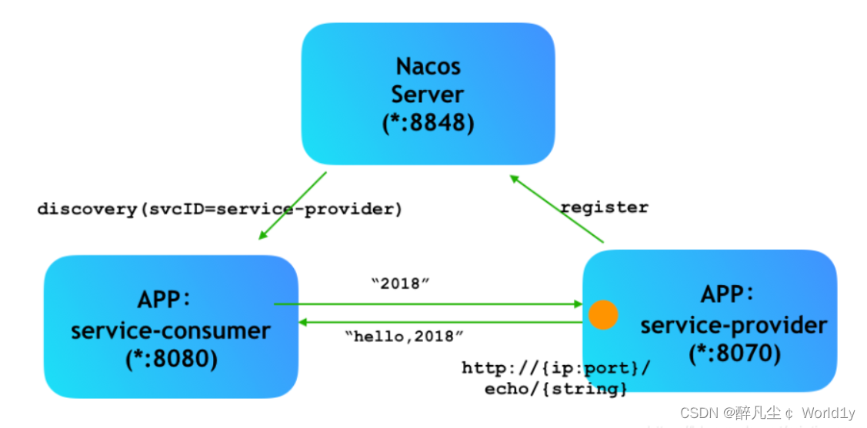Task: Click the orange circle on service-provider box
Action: (603, 315)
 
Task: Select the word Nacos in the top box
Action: (428, 66)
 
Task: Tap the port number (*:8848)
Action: (428, 123)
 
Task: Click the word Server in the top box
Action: (428, 95)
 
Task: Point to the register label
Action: (604, 207)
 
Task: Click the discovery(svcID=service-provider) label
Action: (220, 209)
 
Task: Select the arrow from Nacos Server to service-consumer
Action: (293, 205)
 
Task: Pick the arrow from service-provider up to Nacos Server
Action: (557, 210)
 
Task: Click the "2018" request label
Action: (400, 284)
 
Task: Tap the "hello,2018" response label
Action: (405, 336)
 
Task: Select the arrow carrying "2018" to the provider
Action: (428, 304)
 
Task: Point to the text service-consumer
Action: (171, 331)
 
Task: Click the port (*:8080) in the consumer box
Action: (171, 360)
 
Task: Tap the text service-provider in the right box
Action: (733, 325)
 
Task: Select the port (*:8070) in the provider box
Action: (733, 353)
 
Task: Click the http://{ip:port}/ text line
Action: (555, 368)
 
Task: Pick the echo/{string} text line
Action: (555, 389)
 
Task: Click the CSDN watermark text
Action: (767, 413)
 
